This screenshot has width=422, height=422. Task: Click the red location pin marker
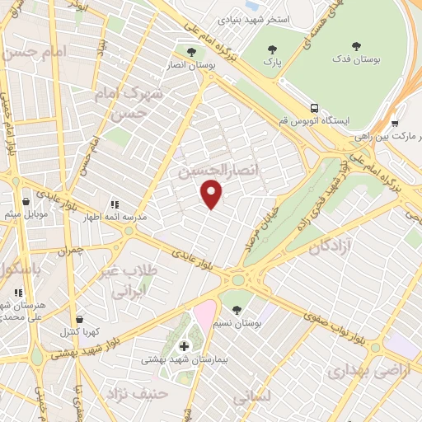(x=213, y=195)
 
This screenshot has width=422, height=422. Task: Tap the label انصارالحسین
(x=213, y=170)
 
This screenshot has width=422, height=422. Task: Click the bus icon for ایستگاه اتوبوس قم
(x=314, y=108)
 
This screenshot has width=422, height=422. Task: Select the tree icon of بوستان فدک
(x=356, y=47)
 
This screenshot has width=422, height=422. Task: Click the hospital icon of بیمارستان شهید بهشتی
(x=184, y=345)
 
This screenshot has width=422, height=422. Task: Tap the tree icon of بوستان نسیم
(x=237, y=310)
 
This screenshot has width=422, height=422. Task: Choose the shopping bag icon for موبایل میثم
(x=26, y=200)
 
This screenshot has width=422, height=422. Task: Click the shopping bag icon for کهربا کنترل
(x=79, y=320)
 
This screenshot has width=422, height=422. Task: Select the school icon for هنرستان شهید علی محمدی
(x=18, y=292)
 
